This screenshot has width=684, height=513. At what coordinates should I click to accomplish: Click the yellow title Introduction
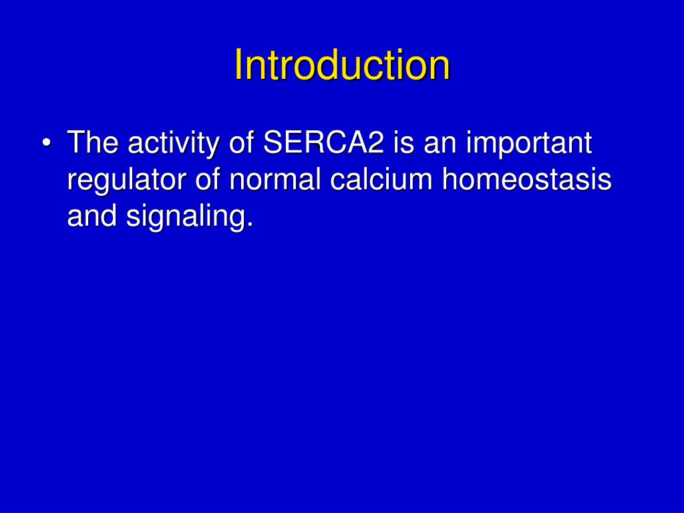click(x=342, y=65)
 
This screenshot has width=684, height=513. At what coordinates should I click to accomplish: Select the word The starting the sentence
click(x=93, y=143)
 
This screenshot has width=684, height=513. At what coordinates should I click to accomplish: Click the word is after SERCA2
click(x=403, y=143)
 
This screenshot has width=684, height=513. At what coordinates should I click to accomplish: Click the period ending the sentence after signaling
click(x=250, y=226)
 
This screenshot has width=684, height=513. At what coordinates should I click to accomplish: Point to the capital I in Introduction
click(x=238, y=65)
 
